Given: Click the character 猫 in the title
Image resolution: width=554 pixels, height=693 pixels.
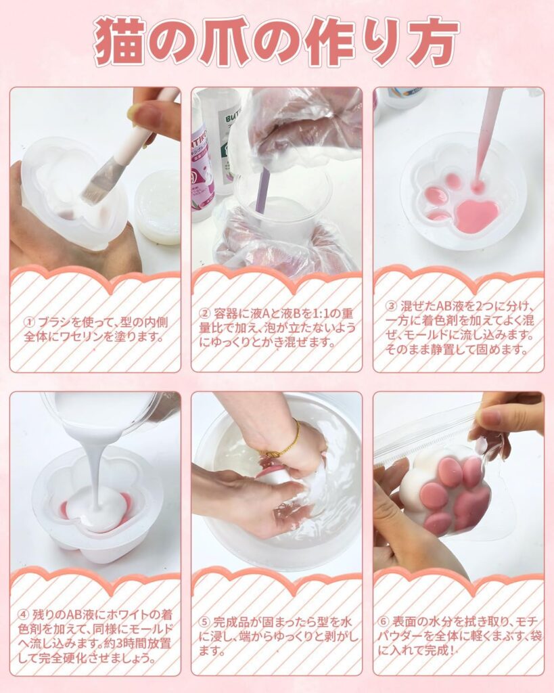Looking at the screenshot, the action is tap(119, 42).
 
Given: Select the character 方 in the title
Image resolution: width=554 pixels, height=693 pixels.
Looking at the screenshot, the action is tap(432, 42).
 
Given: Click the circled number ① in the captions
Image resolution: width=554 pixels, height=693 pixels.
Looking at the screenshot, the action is tap(30, 322).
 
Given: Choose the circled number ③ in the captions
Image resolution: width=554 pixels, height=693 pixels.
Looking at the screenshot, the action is tap(392, 307).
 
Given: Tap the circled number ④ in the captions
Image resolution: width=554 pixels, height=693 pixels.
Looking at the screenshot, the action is tap(24, 614).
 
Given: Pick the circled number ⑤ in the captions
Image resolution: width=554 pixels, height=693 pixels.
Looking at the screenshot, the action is tap(204, 622).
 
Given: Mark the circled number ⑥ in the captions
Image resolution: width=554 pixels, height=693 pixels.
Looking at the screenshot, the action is tap(384, 621).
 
